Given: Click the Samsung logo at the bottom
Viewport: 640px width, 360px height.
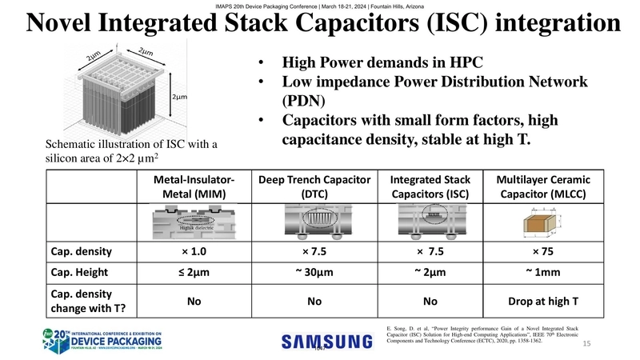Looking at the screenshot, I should pos(328,342).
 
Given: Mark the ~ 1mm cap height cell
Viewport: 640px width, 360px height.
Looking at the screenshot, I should pos(542,274).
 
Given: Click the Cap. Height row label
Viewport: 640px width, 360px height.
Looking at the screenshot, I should pos(80,274).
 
